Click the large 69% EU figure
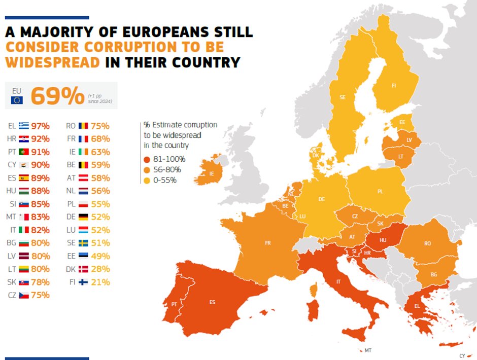(x=57, y=96)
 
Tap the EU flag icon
(x=17, y=100)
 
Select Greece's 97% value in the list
(x=40, y=126)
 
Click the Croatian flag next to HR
(x=23, y=139)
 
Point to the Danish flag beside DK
(x=84, y=269)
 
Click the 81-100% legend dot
(x=147, y=159)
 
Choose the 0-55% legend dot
(x=147, y=180)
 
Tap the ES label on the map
(x=212, y=303)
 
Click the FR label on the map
(x=267, y=243)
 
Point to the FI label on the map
(x=393, y=86)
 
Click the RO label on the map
(x=427, y=243)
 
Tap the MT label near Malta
(x=367, y=350)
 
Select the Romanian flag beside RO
(x=84, y=126)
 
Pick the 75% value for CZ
(x=40, y=295)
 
